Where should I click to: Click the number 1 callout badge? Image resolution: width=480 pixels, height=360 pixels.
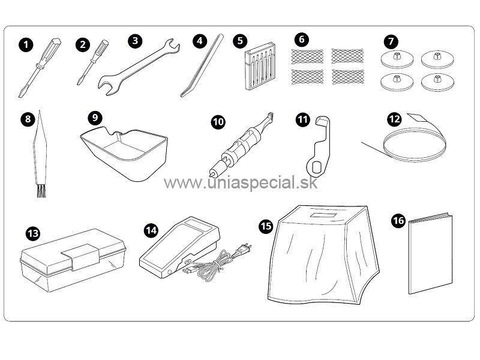click(26, 44)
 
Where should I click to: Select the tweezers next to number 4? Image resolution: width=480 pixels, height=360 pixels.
click(202, 66)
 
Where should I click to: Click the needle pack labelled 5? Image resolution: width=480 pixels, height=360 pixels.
click(260, 66)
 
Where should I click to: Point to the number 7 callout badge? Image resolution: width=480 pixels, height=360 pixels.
click(391, 41)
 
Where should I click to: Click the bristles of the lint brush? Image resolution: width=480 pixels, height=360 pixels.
click(41, 191)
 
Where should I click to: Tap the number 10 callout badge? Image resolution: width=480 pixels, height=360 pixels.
click(218, 122)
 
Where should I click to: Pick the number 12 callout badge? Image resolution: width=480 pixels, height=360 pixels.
click(394, 119)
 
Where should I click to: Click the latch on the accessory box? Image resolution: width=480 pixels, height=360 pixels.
click(81, 257)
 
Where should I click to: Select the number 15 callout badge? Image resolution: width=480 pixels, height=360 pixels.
click(265, 226)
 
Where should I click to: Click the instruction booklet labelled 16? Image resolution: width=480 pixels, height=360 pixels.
click(430, 253)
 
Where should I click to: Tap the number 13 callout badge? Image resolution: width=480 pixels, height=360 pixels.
click(33, 233)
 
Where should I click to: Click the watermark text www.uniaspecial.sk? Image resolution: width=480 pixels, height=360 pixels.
click(241, 183)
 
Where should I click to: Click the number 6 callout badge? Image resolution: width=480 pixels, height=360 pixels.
click(302, 39)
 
